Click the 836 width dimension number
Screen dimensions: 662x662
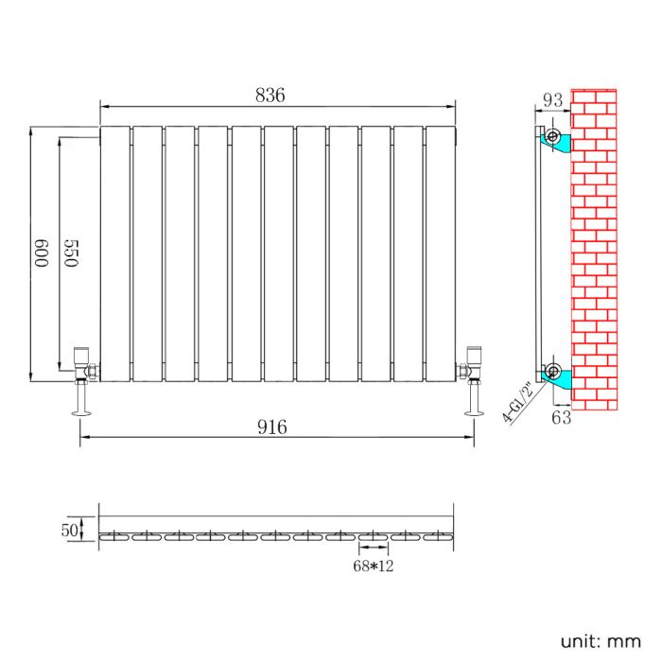(x=270, y=96)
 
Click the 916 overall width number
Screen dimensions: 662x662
(x=297, y=427)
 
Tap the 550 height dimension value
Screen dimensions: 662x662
(x=69, y=255)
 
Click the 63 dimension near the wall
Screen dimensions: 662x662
(x=587, y=417)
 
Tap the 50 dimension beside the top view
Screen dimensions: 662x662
(x=69, y=531)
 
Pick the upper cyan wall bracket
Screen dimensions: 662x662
(x=558, y=141)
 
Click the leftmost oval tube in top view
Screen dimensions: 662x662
(x=114, y=536)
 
